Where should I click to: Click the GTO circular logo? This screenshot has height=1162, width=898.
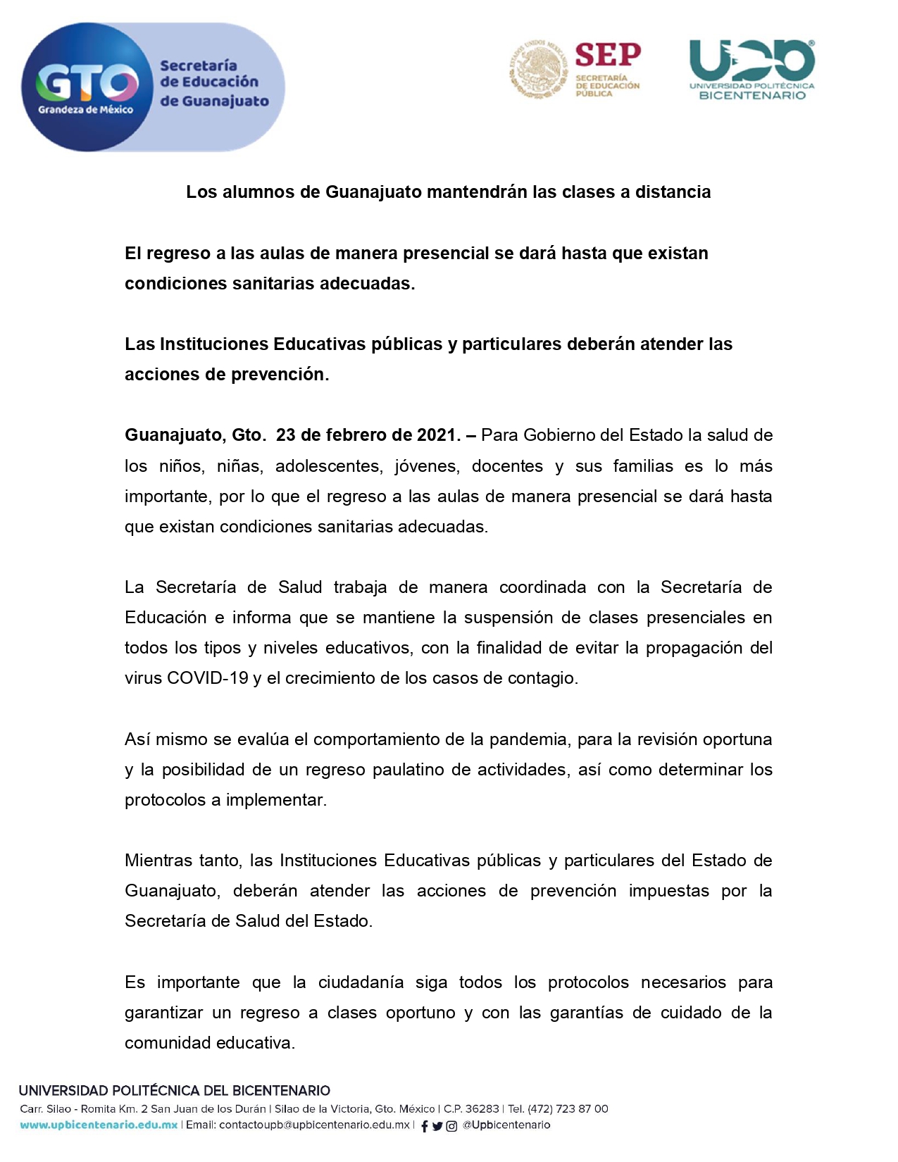pos(87,87)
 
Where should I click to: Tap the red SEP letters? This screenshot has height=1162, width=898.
pos(607,55)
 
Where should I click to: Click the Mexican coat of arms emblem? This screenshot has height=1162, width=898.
pos(538,69)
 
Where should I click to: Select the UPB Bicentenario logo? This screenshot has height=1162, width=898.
pos(752,70)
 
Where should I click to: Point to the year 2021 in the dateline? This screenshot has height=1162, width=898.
pos(437,435)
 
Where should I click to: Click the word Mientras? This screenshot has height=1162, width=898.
pos(159,861)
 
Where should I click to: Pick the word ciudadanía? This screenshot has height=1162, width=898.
pos(361,982)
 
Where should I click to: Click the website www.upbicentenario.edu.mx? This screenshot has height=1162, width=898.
pos(99,1125)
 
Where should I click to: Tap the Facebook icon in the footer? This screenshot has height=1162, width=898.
pos(424,1126)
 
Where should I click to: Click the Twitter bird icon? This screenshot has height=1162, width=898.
pos(437,1126)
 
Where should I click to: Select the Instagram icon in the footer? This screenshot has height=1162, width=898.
pos(451,1126)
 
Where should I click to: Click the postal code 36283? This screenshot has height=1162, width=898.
pos(482,1109)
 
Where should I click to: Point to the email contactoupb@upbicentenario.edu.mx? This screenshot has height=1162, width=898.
pos(314,1125)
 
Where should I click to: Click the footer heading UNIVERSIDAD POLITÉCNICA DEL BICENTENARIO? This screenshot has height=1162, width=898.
pos(175,1091)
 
